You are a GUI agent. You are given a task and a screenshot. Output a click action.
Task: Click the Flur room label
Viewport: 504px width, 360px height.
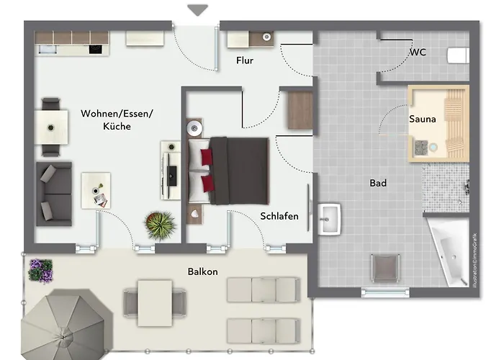245,60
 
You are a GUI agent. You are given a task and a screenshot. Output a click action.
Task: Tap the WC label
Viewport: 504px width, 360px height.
418,53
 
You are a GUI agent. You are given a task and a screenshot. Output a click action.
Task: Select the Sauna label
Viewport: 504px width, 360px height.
423,119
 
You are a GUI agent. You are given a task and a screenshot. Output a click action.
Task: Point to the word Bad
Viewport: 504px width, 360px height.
378,183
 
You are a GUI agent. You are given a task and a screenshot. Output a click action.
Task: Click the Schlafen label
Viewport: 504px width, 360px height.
279,216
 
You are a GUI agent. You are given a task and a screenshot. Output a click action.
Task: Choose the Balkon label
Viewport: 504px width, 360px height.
202,271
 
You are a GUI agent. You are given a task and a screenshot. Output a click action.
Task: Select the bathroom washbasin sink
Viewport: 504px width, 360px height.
330,217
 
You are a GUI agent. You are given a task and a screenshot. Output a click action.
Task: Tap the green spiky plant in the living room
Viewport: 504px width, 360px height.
161,225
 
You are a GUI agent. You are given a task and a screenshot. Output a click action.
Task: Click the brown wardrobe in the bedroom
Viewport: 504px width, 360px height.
297,109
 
